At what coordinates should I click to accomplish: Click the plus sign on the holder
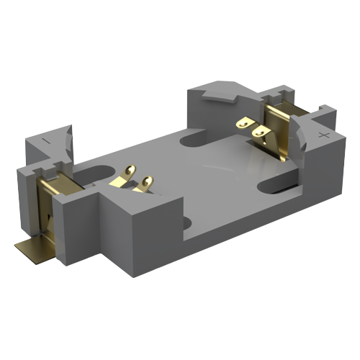point(323,135)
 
